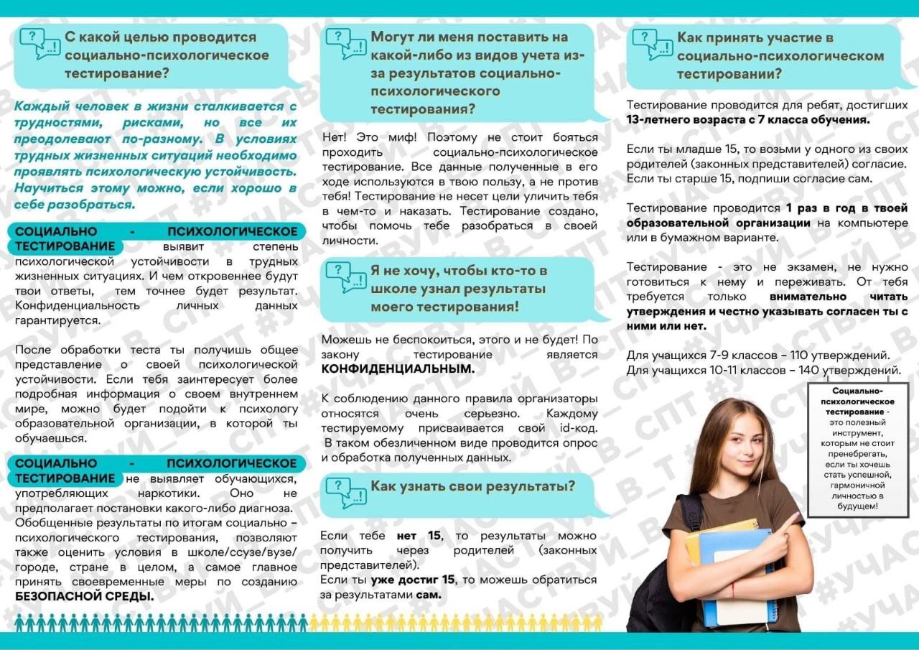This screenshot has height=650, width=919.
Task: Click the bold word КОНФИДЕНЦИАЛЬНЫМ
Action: [398, 369]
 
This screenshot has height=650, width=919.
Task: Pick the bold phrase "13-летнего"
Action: [661, 120]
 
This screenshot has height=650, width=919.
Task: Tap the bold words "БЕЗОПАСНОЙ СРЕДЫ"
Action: [85, 596]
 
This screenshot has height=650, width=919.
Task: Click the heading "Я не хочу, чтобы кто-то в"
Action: [459, 271]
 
